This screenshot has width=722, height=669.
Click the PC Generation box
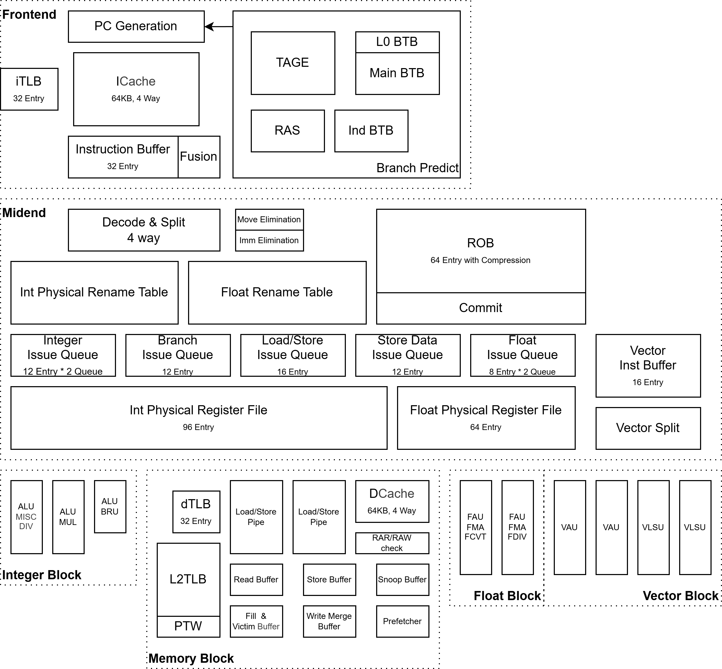click(x=136, y=26)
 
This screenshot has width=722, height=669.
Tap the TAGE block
click(x=293, y=63)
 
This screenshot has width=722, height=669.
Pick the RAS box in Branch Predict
click(x=287, y=131)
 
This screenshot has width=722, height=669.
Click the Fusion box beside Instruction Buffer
click(x=199, y=157)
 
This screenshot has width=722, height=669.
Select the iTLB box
click(x=29, y=89)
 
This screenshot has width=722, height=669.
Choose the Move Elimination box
click(x=269, y=219)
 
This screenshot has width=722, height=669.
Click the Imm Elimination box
click(x=269, y=240)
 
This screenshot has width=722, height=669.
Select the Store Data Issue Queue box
click(x=407, y=355)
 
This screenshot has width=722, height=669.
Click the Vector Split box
click(x=648, y=428)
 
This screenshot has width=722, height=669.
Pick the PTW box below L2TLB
click(x=188, y=626)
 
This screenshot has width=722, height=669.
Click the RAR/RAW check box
click(x=392, y=543)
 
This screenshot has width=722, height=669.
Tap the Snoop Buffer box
click(x=402, y=580)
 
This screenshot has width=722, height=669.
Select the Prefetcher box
click(x=402, y=621)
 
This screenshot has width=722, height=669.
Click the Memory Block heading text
click(x=191, y=658)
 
